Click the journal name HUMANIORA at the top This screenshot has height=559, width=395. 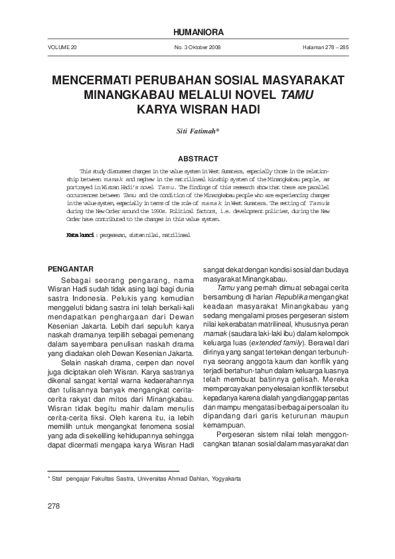[197, 33]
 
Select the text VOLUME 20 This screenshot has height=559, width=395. [63, 49]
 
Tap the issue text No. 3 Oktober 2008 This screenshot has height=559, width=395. [197, 49]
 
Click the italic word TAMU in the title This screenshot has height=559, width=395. [297, 94]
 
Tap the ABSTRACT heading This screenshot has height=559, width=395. [198, 158]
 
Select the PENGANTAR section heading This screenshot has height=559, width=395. [74, 269]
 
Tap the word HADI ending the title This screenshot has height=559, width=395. [242, 108]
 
